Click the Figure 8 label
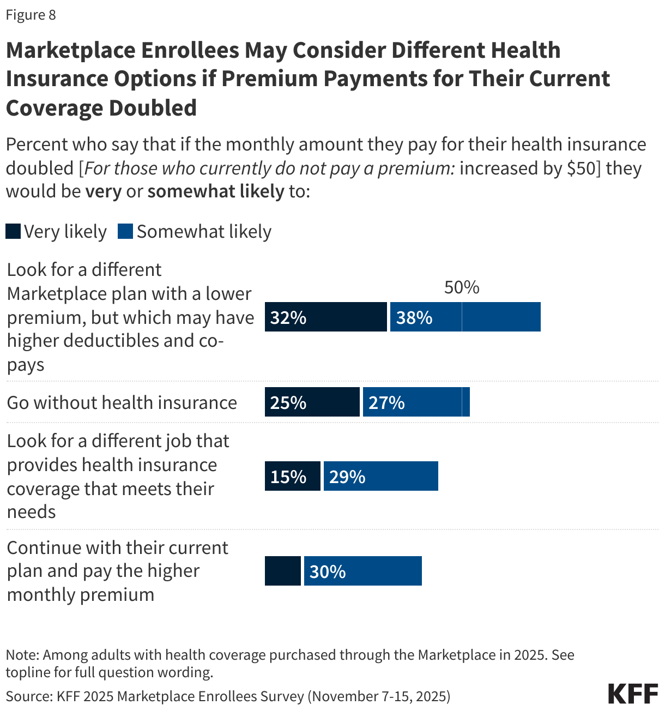(x=31, y=15)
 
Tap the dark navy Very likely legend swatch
(x=13, y=232)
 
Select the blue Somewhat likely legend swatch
(x=125, y=232)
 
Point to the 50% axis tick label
(x=462, y=287)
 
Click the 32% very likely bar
(x=325, y=317)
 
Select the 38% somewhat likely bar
(x=465, y=317)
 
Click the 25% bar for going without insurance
(x=312, y=402)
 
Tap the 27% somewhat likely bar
(x=416, y=402)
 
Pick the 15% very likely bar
(x=292, y=476)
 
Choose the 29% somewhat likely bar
(x=380, y=476)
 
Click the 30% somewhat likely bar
(x=362, y=571)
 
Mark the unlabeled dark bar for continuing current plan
(x=282, y=571)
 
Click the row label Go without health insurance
(x=122, y=402)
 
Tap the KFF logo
(x=632, y=694)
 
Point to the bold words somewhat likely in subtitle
(x=216, y=191)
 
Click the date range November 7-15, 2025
(x=379, y=696)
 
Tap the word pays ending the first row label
(x=26, y=365)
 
